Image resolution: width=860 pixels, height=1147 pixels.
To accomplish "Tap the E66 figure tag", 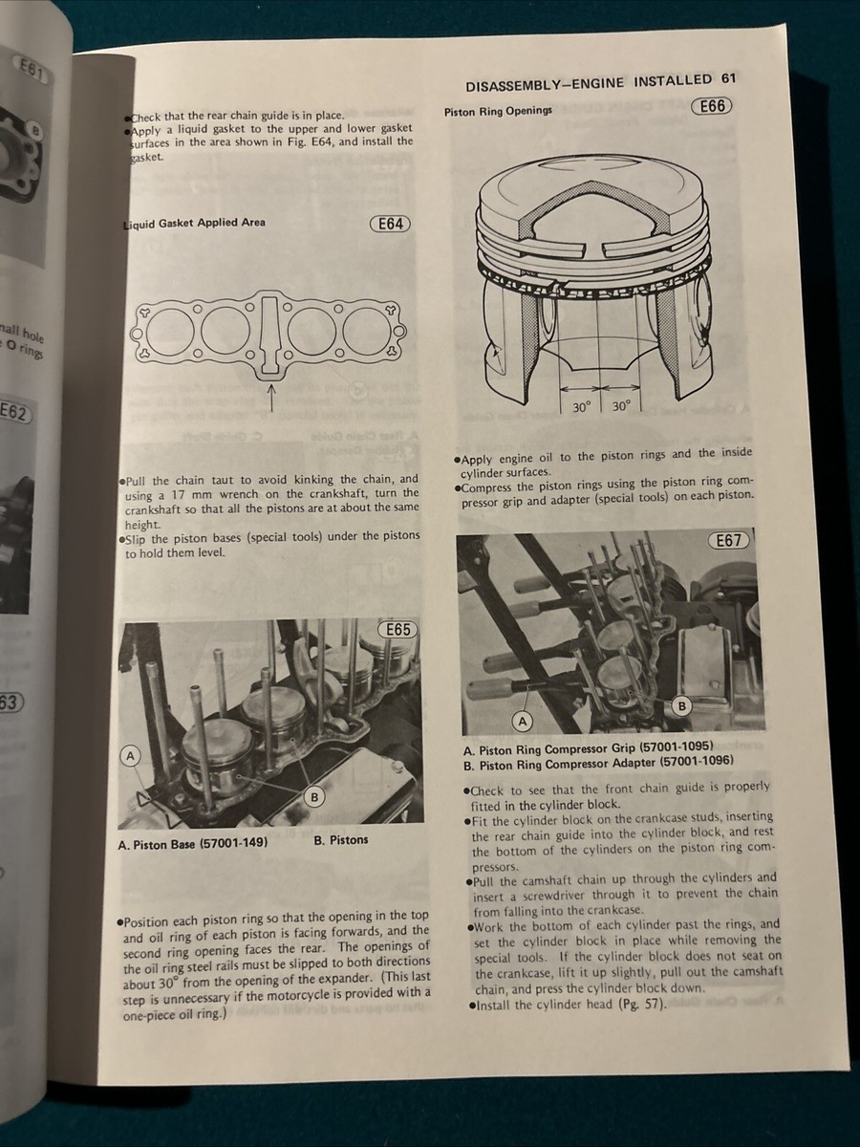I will click(x=712, y=107).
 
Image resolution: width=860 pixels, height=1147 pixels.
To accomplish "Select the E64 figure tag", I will click(x=390, y=224).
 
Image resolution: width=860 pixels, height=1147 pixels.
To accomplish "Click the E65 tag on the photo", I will click(x=398, y=630).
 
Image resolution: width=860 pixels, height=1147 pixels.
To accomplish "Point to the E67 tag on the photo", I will click(x=729, y=541).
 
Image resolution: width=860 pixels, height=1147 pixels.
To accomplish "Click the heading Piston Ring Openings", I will click(x=498, y=111).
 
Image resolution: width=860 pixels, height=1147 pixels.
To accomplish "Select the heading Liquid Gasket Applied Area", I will click(x=195, y=224).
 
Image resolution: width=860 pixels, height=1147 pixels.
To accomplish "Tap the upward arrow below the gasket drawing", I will click(x=271, y=397).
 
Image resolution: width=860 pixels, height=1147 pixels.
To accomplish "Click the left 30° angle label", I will click(x=581, y=406).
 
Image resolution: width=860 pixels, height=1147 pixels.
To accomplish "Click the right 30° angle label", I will click(x=620, y=406).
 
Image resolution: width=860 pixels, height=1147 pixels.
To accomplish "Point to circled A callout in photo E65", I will click(x=131, y=756).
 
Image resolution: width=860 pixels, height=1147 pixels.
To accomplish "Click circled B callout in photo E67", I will click(x=681, y=705).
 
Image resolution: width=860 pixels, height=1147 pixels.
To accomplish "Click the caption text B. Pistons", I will click(x=340, y=840).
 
